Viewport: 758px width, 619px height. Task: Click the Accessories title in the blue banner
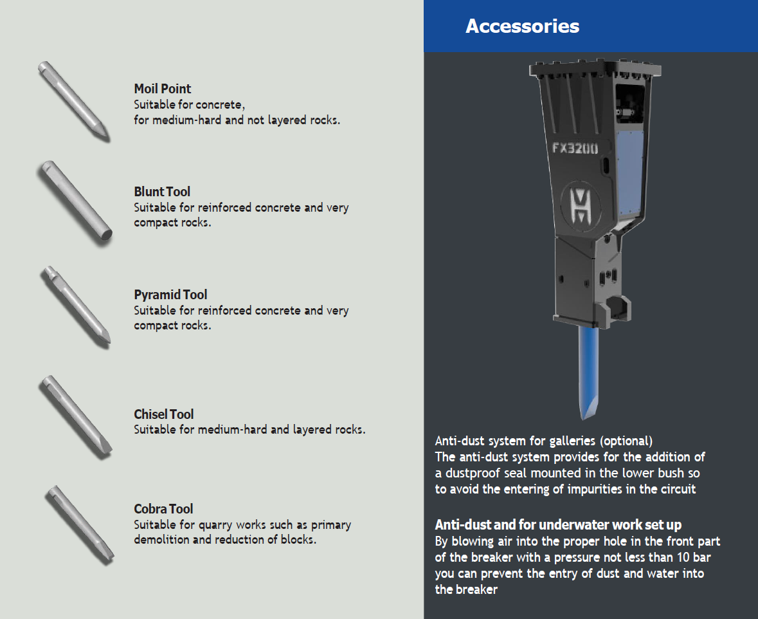click(x=522, y=26)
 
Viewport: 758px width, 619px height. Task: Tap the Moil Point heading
click(x=163, y=89)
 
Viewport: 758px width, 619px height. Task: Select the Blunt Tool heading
click(x=162, y=192)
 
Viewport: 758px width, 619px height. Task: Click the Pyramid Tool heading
click(x=170, y=295)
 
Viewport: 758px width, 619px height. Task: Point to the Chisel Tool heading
click(x=163, y=414)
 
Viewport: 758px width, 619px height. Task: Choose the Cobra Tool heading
click(x=163, y=509)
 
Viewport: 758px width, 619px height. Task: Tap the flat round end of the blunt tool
click(x=106, y=235)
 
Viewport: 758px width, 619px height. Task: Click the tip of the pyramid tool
click(x=107, y=343)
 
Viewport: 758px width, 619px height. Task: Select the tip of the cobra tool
click(x=109, y=559)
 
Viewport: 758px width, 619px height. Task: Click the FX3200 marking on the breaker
click(x=575, y=148)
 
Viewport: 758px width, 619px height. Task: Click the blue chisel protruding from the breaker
click(x=589, y=373)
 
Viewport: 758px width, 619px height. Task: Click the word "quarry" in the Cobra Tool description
click(x=215, y=525)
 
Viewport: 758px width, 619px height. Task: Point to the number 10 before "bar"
click(x=683, y=557)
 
